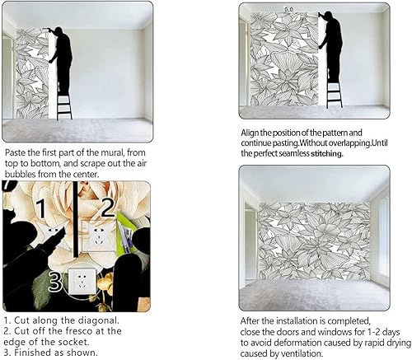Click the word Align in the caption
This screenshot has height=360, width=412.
click(x=253, y=133)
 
